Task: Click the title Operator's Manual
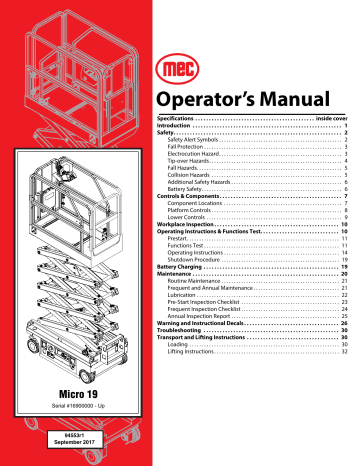(252, 123)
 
